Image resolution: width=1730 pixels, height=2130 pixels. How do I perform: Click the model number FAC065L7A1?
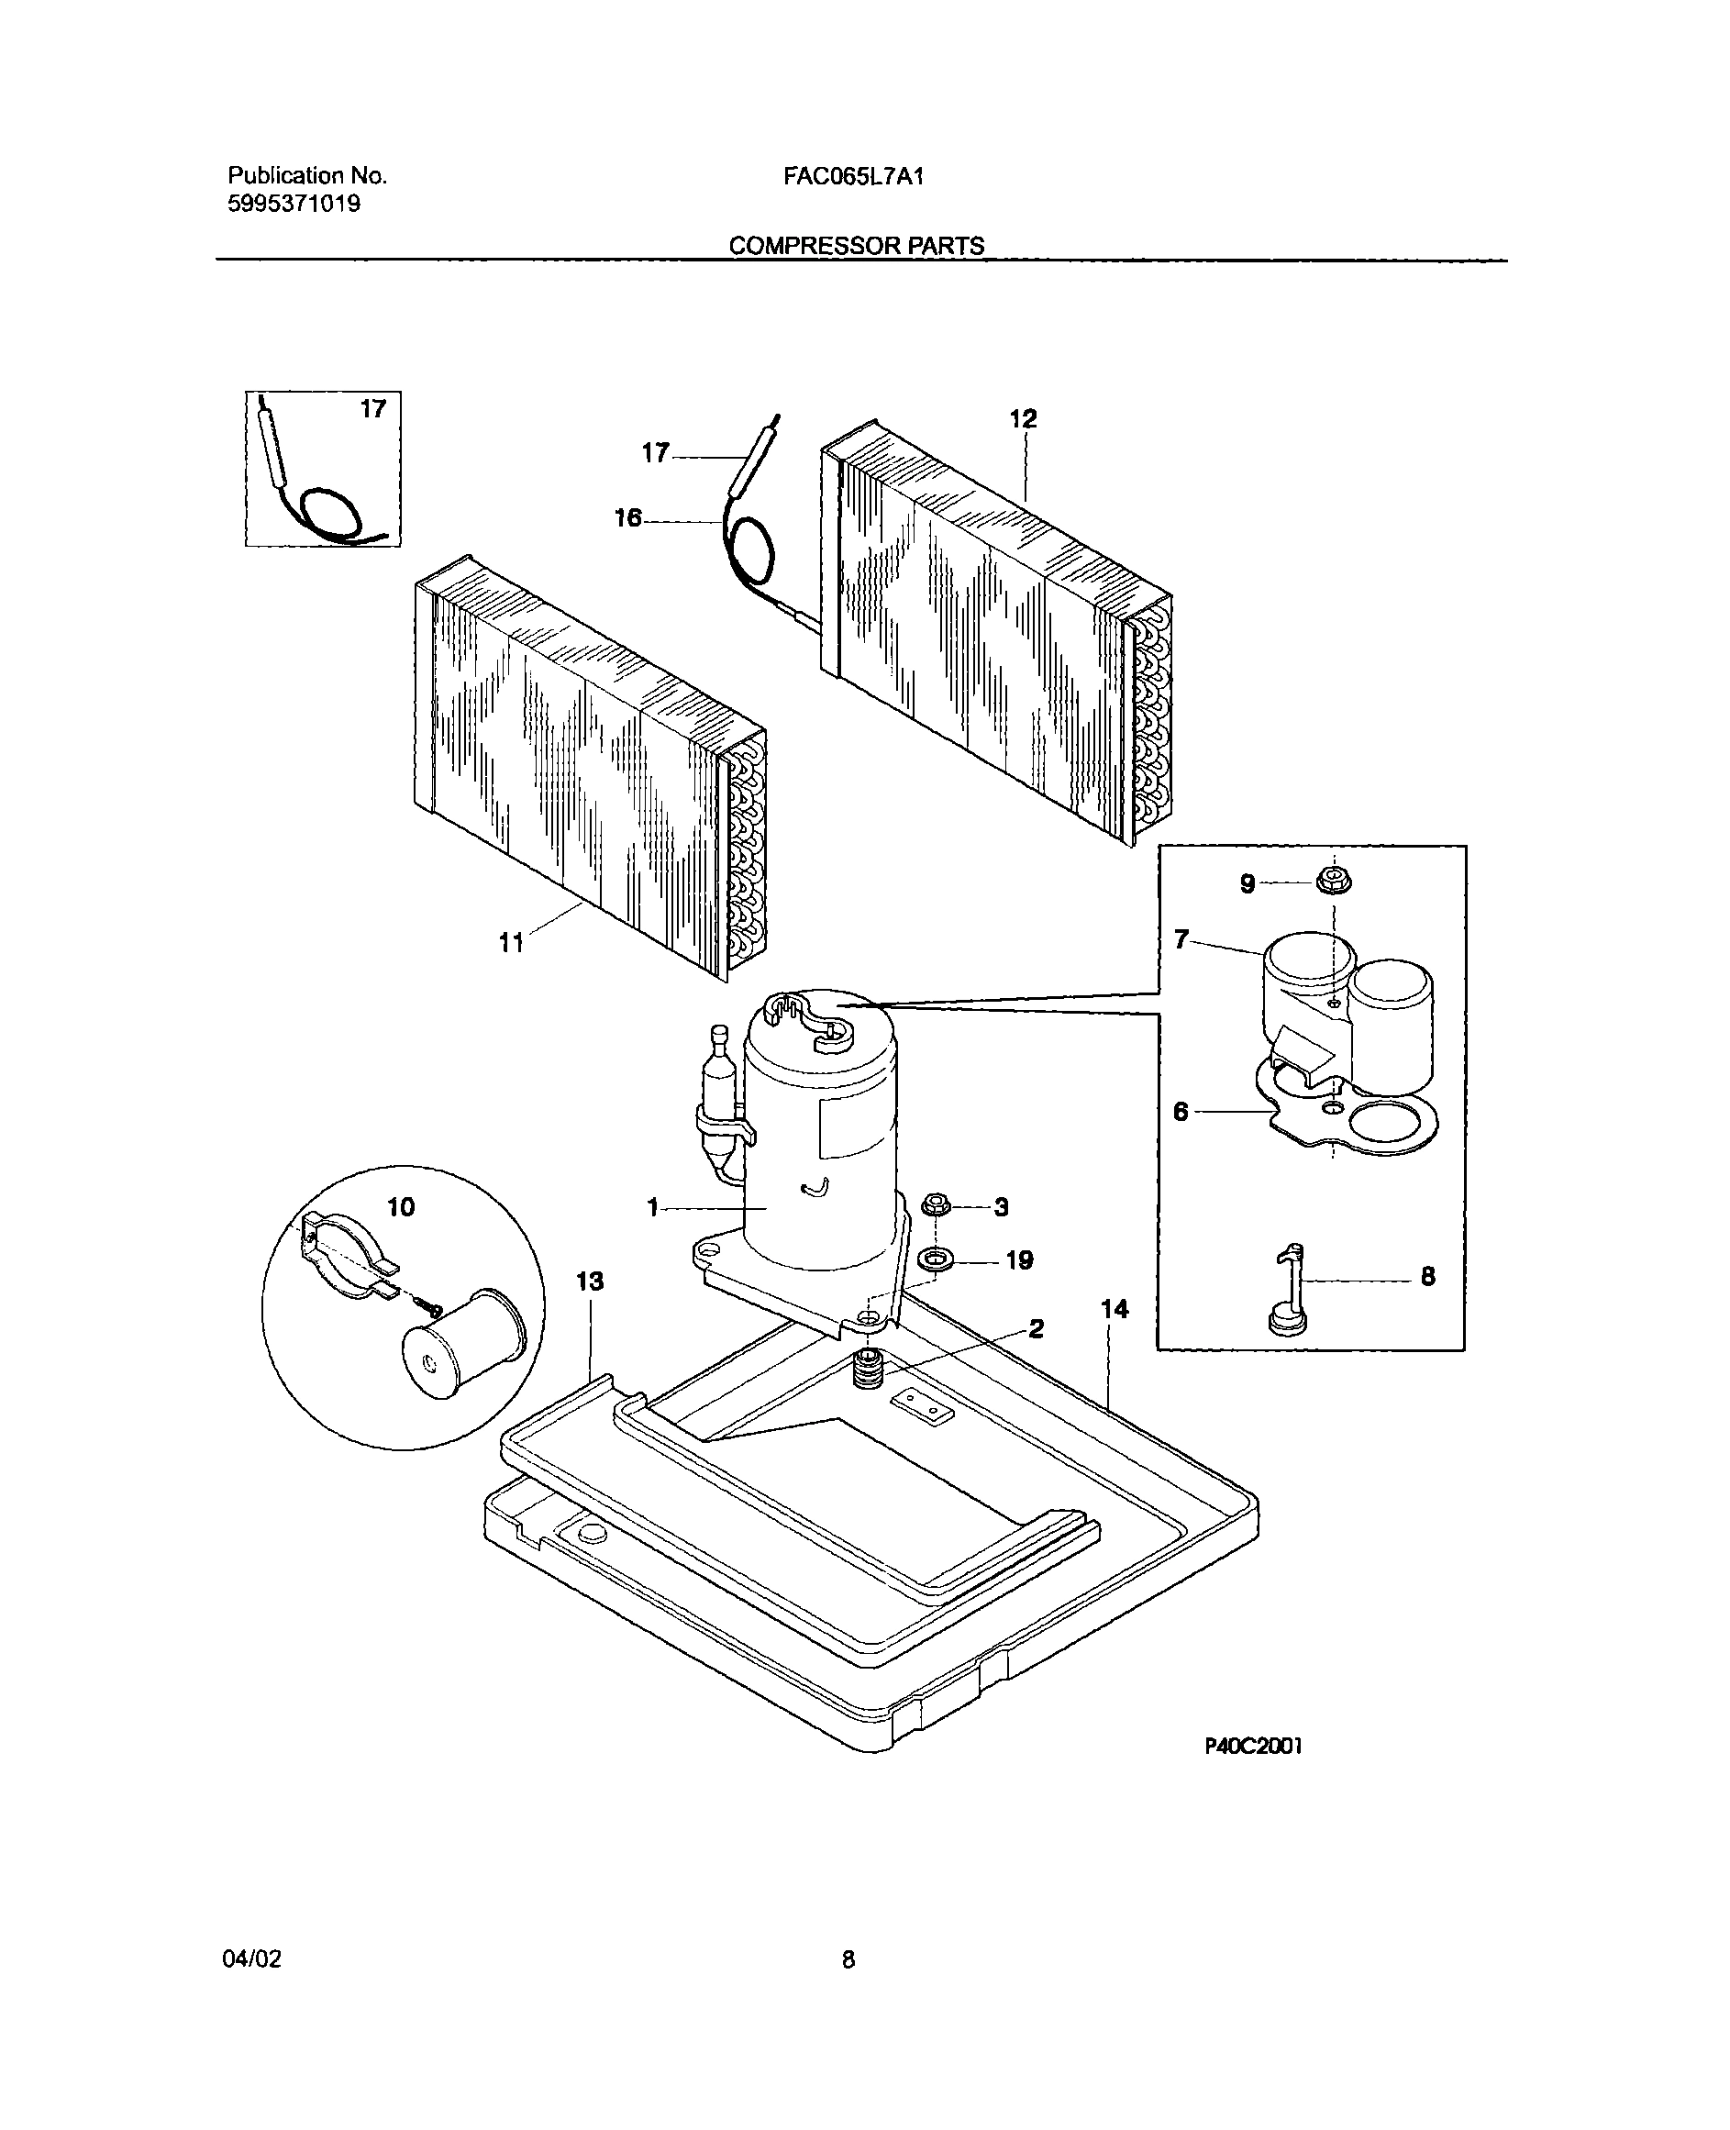tap(853, 176)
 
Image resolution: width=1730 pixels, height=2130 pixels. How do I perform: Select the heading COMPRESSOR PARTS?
tap(856, 245)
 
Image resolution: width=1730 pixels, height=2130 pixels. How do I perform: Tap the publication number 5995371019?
tap(294, 205)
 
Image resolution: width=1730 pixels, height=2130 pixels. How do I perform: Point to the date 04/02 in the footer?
tap(251, 1959)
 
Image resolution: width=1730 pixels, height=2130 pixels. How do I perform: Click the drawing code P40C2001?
tap(1253, 1747)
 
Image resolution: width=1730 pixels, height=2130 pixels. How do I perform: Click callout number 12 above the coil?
tap(1023, 418)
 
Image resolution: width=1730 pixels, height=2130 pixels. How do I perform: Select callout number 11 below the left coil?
tap(511, 942)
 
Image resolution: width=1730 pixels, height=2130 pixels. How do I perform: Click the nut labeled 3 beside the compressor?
tap(934, 1205)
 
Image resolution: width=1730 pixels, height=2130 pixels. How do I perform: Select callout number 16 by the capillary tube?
tap(627, 518)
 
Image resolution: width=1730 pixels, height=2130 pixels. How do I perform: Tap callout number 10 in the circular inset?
tap(401, 1207)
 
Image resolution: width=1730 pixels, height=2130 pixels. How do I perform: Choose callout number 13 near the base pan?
tap(590, 1281)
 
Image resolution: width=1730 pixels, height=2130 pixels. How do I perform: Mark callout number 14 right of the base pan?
tap(1115, 1309)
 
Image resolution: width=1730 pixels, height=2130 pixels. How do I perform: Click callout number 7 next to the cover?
tap(1181, 939)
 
